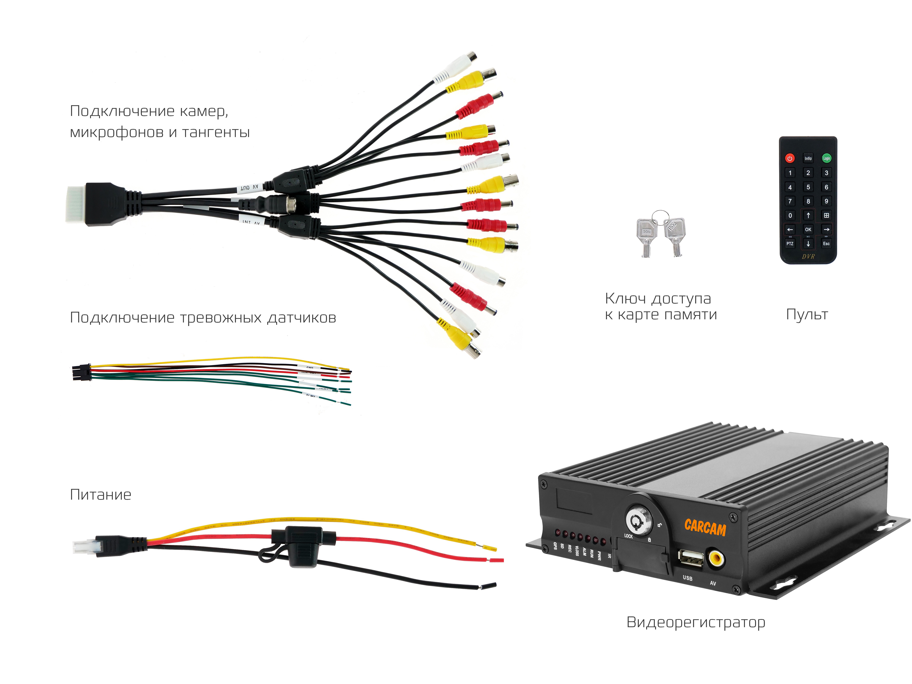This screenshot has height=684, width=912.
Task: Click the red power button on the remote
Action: [790, 158]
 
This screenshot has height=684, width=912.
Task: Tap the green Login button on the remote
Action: [826, 158]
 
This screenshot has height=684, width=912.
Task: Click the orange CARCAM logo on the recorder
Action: [705, 528]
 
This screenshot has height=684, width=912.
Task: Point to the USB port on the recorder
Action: [691, 559]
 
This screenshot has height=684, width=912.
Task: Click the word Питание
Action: [101, 494]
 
